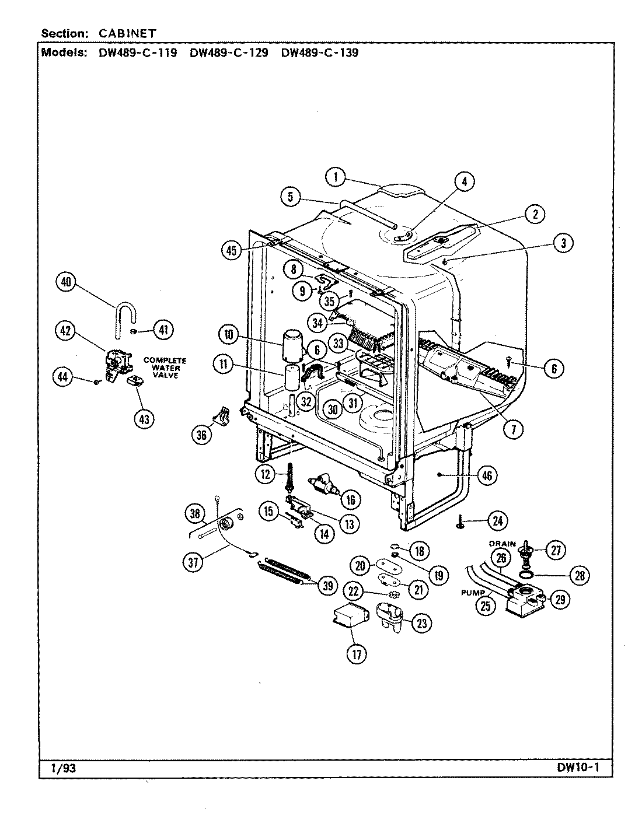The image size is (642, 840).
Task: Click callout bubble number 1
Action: pos(336,177)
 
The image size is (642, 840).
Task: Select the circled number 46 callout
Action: pos(487,475)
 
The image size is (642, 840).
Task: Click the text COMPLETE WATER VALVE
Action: pos(165,367)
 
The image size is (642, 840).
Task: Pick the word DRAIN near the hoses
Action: pos(503,544)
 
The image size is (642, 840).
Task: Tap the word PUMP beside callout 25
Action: pos(473,593)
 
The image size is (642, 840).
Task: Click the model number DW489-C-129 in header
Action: pos(229,52)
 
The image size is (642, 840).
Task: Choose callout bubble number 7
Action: pos(514,430)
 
